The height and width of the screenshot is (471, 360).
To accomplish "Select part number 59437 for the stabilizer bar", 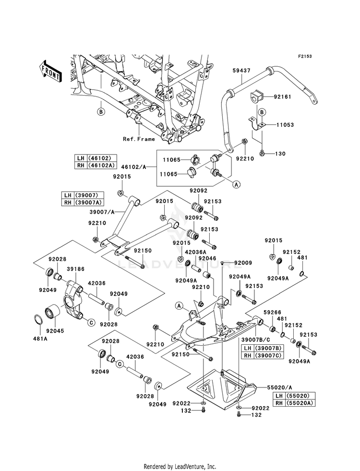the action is (x=241, y=71).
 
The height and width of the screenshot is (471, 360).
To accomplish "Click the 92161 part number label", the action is (x=282, y=97).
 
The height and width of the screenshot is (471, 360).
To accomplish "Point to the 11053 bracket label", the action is (x=285, y=125).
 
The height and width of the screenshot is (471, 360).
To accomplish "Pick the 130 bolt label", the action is (x=280, y=154).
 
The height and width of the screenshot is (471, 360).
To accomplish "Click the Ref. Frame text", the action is (x=139, y=139).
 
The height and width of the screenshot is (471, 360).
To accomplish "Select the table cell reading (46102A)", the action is (x=101, y=165).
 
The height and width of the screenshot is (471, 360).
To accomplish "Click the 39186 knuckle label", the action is (x=75, y=269).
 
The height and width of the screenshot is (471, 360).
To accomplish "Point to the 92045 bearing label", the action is (x=56, y=331).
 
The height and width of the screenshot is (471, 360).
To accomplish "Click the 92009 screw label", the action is (x=243, y=263).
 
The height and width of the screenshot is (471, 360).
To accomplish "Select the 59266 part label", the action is (x=272, y=313).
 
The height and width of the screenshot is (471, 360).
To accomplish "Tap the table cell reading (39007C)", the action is (x=268, y=355).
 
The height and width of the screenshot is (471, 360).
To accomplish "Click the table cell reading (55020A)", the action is (x=300, y=403).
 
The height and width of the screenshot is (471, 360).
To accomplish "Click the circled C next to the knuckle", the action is (x=91, y=323).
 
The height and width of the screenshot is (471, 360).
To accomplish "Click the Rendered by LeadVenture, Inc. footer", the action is (x=180, y=467).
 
